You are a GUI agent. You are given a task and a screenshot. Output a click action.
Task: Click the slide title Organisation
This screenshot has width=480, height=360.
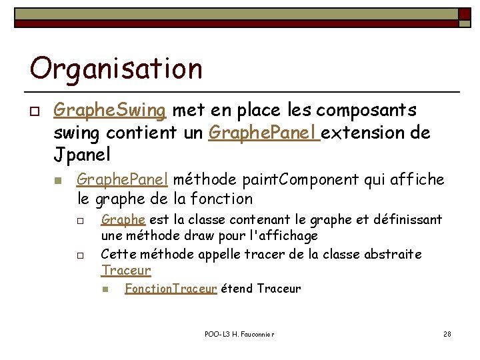[116, 69]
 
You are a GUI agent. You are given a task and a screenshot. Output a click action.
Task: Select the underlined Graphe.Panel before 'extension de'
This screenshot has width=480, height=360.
[264, 133]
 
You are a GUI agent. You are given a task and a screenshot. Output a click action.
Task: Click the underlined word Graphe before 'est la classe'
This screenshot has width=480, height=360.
[123, 220]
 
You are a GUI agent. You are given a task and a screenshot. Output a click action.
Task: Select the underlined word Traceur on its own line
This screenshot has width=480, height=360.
[126, 271]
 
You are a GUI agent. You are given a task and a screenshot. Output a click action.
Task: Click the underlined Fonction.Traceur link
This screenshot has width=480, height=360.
[171, 289]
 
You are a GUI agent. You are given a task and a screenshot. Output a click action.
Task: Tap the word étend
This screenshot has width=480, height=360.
[237, 289]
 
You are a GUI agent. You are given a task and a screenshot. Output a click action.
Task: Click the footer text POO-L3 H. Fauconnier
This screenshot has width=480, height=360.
[240, 333]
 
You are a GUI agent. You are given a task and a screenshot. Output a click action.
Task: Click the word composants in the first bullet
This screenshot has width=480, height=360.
[377, 109]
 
